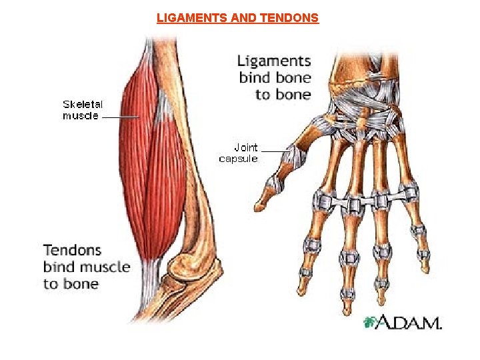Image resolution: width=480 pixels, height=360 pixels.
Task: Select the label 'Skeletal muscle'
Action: point(81,110)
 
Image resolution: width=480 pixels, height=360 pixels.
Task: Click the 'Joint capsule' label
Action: point(238,153)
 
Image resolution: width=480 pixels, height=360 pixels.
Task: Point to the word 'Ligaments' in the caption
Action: point(274,61)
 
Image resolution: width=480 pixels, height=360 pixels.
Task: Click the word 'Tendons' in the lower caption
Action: point(72,251)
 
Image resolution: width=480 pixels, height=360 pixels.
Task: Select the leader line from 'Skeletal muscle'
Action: point(121,116)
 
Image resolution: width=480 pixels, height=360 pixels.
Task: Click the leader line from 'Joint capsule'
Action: point(273,150)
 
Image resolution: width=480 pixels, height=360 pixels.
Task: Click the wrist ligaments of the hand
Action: point(360,110)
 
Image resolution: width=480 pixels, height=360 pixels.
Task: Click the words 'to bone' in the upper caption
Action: point(283,95)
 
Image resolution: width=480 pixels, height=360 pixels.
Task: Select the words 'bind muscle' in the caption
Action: point(87,267)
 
